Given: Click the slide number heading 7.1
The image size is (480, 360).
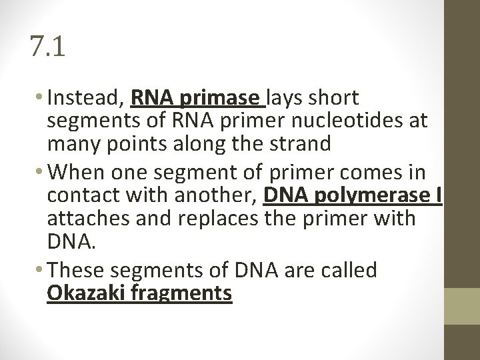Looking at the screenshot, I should click(x=48, y=47).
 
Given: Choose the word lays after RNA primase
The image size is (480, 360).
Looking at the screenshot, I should click(x=285, y=99).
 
